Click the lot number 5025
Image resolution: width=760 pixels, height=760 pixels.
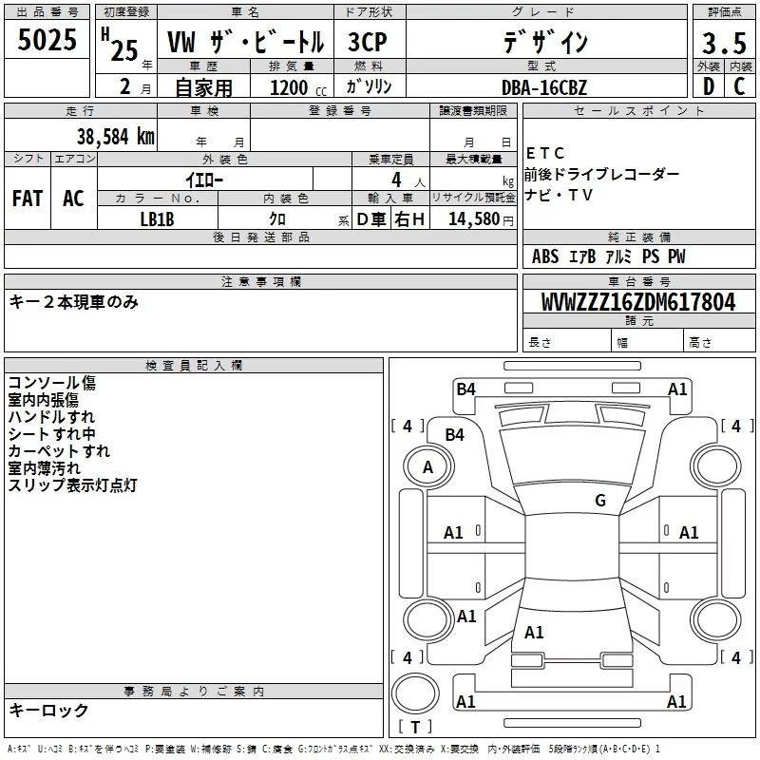click(x=47, y=40)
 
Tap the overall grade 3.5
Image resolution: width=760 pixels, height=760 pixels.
click(x=723, y=44)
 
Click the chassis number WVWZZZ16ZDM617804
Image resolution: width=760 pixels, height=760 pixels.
click(x=638, y=302)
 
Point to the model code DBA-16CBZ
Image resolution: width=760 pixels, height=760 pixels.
click(x=544, y=88)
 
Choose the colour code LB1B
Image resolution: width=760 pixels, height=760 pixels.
click(x=158, y=218)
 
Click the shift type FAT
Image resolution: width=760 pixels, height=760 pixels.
click(x=27, y=198)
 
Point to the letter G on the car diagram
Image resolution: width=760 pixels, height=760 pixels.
click(x=600, y=501)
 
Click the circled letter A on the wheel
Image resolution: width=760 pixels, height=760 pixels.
click(x=427, y=466)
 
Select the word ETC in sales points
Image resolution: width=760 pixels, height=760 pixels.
click(x=545, y=153)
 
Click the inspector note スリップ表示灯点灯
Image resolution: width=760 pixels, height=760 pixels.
click(x=73, y=484)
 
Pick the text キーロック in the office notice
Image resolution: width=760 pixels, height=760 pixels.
click(x=48, y=711)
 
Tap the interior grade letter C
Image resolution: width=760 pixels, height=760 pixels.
click(x=740, y=86)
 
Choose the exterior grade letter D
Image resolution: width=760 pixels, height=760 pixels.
click(x=708, y=86)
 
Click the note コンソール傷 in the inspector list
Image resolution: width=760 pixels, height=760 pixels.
click(x=52, y=383)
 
